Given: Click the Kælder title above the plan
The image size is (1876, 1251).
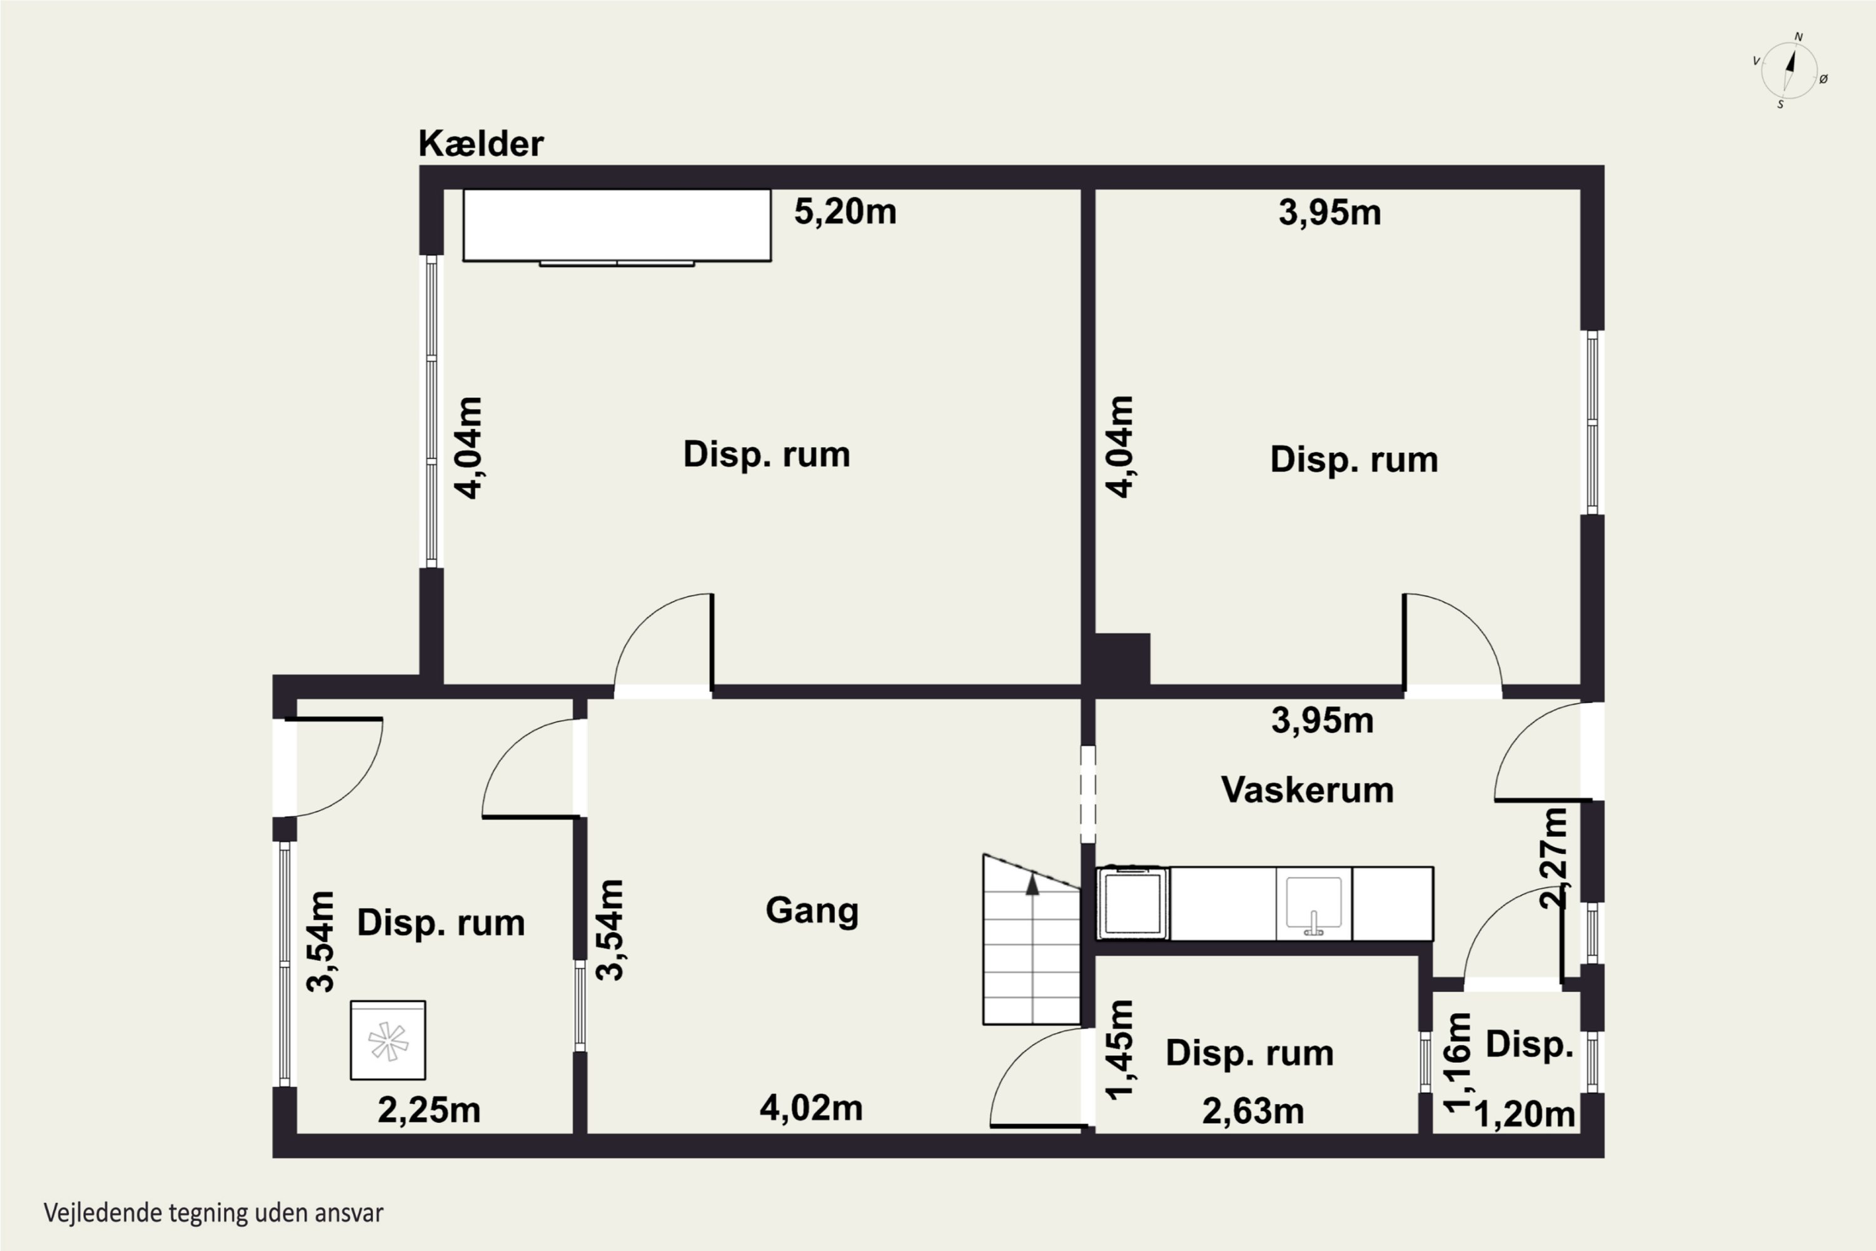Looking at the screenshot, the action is tap(481, 144).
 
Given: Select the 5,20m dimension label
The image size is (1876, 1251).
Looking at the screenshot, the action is tap(845, 212).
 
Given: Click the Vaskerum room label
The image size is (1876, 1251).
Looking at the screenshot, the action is tap(1308, 790).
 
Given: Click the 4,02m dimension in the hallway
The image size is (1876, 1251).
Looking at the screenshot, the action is tap(811, 1108).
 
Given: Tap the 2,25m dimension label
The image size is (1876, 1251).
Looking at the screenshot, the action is tap(429, 1110).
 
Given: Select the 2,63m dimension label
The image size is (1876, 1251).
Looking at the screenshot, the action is tap(1253, 1111).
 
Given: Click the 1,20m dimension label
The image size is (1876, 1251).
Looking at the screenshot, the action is tap(1525, 1115).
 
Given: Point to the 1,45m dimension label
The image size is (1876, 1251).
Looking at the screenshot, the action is tap(1120, 1050).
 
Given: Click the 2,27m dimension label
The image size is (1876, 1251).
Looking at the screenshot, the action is tap(1554, 858).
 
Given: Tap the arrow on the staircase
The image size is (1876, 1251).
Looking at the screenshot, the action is tap(1032, 883).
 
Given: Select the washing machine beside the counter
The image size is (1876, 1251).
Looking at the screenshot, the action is tap(1132, 903).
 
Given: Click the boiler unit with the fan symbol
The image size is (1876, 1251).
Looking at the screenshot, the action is tap(388, 1040).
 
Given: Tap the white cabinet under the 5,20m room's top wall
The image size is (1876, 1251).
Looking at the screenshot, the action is tap(617, 226).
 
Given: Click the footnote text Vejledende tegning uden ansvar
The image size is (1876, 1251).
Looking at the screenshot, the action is tap(214, 1213).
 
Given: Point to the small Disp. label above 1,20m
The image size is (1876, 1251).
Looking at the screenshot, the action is tap(1529, 1045).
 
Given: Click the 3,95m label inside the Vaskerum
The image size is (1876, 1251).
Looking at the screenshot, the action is tap(1323, 721).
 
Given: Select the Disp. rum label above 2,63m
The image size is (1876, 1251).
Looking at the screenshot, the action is tap(1250, 1053).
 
